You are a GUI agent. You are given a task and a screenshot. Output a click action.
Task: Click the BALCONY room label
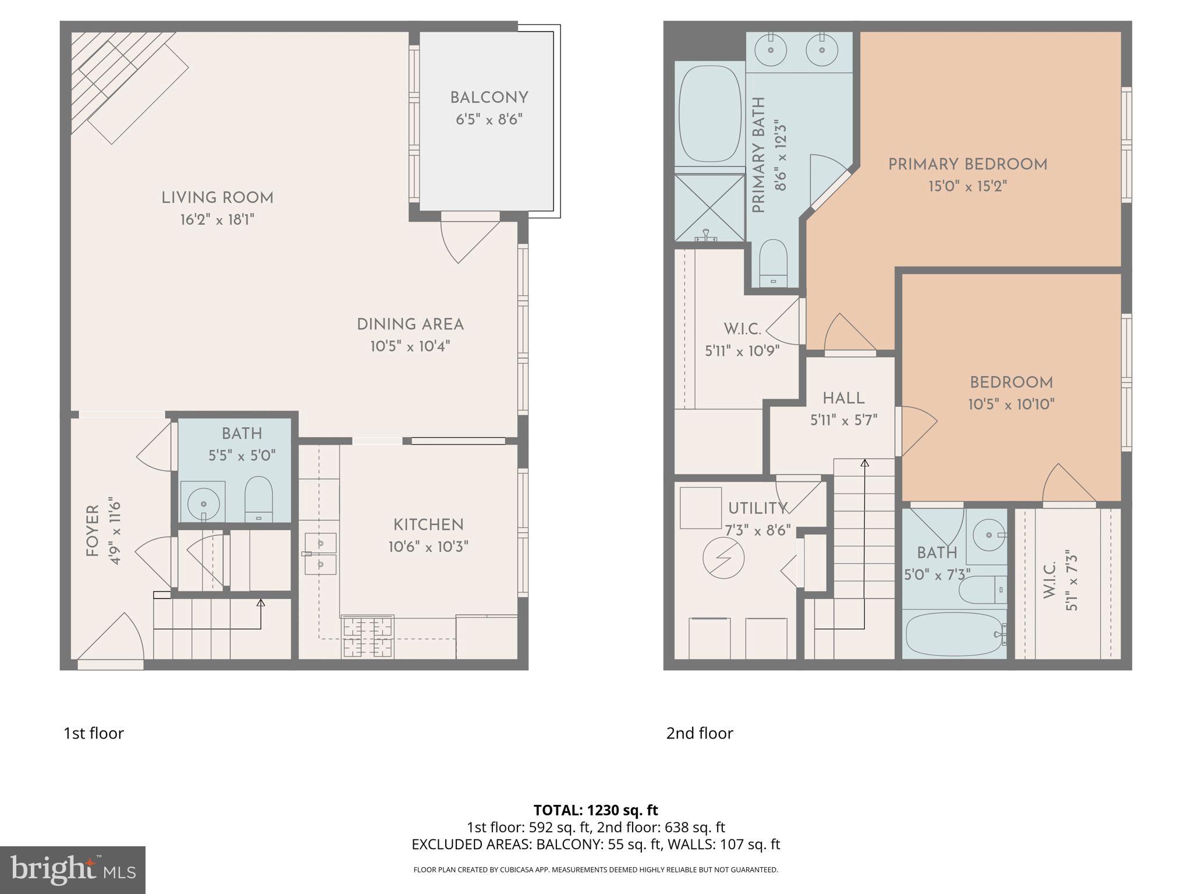pyautogui.click(x=489, y=98)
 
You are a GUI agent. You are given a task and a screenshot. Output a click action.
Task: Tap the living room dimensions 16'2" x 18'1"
pyautogui.click(x=217, y=220)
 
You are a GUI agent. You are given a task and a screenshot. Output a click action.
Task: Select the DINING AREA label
pyautogui.click(x=410, y=324)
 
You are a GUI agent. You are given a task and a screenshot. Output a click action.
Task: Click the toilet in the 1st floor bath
pyautogui.click(x=258, y=500)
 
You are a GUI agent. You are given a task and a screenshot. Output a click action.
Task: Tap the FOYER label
pyautogui.click(x=93, y=530)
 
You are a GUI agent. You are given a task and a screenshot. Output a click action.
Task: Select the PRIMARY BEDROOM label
pyautogui.click(x=967, y=165)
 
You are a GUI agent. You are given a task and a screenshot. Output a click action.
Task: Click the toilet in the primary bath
pyautogui.click(x=774, y=262)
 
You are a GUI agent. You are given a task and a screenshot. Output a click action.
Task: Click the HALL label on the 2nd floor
pyautogui.click(x=843, y=399)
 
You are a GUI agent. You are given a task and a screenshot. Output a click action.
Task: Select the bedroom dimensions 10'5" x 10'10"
pyautogui.click(x=1011, y=405)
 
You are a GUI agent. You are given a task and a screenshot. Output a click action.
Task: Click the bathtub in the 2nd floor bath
pyautogui.click(x=953, y=634)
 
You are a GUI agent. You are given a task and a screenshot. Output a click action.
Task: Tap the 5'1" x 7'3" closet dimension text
pyautogui.click(x=1072, y=580)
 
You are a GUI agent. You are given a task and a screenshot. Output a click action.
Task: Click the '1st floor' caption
pyautogui.click(x=94, y=733)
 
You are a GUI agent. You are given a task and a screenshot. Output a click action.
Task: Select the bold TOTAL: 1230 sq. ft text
pyautogui.click(x=595, y=810)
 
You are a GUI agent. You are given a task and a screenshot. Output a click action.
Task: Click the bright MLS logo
pyautogui.click(x=72, y=870)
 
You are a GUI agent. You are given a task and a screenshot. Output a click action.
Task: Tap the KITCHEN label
pyautogui.click(x=428, y=525)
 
